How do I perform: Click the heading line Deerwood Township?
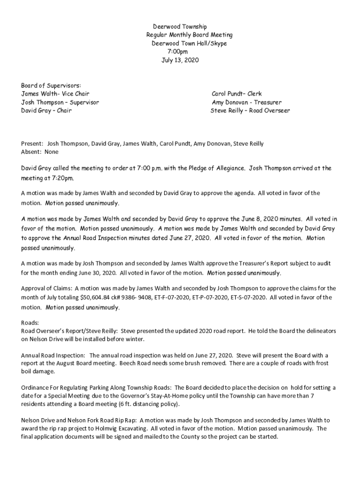point(180,27)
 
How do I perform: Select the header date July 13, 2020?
point(180,60)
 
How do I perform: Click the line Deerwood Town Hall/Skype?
point(189,44)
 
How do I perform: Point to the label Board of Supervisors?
point(51,85)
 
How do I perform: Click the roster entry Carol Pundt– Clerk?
point(237,94)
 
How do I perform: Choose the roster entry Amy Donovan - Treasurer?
point(246,102)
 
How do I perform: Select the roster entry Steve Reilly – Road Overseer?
point(250,111)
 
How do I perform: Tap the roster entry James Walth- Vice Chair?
point(55,94)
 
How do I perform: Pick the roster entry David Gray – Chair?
point(46,111)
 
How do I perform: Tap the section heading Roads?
point(30,322)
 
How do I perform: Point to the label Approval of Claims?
point(46,288)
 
